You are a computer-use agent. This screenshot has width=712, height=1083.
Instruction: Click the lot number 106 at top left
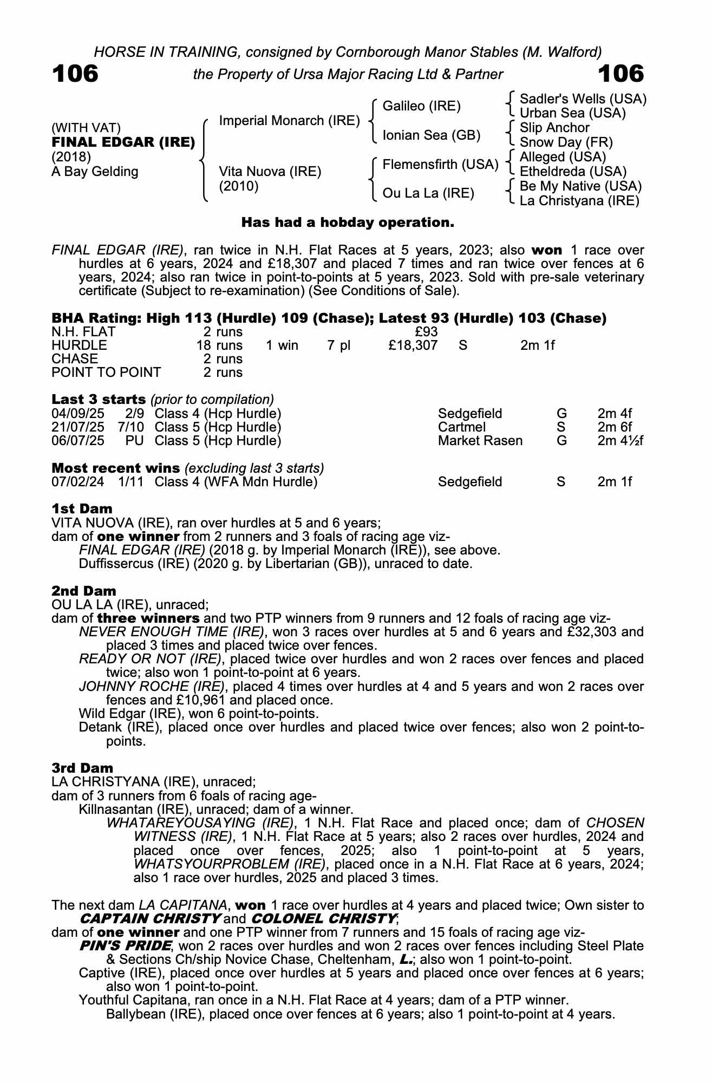[75, 74]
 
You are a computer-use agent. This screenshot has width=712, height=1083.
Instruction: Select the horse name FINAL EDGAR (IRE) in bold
[123, 142]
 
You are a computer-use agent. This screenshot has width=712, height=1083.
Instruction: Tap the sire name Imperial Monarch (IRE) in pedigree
[289, 121]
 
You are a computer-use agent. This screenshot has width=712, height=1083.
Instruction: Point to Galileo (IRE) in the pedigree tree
[421, 106]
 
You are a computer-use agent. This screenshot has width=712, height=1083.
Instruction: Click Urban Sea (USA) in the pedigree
[572, 113]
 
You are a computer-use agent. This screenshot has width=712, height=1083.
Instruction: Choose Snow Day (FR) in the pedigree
[566, 142]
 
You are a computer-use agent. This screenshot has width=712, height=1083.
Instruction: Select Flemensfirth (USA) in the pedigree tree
[440, 164]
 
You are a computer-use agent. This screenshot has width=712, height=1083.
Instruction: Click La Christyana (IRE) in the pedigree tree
[579, 201]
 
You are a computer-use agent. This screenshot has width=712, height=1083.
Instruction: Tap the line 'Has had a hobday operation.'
[347, 223]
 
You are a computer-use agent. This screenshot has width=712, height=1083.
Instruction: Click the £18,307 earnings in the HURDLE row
[413, 345]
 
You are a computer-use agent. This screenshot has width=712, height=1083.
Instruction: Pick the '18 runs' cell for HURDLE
[219, 345]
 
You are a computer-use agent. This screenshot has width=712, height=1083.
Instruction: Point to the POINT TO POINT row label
[106, 373]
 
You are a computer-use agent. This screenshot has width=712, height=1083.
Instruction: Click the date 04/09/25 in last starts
[77, 414]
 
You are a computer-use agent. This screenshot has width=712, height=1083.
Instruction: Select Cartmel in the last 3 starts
[461, 427]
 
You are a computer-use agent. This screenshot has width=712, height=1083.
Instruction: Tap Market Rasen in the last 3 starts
[480, 441]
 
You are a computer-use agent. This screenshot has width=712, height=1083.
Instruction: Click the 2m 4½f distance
[620, 441]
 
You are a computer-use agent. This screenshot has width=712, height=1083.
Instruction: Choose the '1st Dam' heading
[82, 509]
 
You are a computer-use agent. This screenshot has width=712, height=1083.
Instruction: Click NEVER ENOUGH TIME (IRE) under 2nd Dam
[172, 632]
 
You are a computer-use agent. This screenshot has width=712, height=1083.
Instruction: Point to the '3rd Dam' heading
[82, 768]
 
